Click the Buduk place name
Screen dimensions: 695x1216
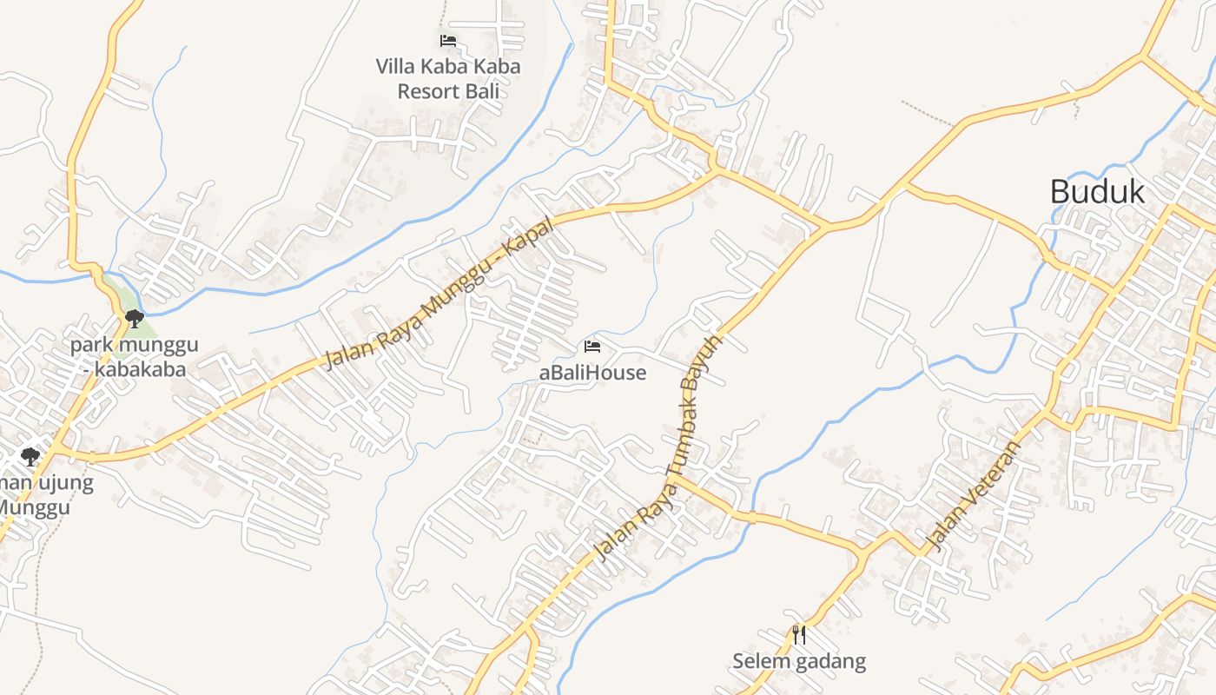click(1097, 191)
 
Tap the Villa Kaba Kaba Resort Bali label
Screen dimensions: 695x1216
click(448, 78)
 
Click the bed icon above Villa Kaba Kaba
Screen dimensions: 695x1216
click(448, 40)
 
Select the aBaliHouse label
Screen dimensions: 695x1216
click(593, 373)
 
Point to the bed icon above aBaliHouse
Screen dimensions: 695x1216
click(593, 347)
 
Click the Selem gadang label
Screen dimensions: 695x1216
click(799, 661)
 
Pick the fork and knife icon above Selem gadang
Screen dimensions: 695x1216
click(799, 635)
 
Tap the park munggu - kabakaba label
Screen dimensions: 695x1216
click(135, 357)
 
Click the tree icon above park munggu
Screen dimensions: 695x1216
click(135, 319)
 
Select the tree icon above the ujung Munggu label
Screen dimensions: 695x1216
click(30, 456)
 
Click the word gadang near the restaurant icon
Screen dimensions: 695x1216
click(830, 662)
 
